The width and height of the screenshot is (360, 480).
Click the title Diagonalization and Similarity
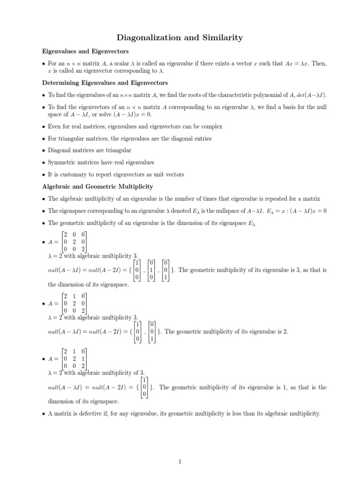[x=180, y=37]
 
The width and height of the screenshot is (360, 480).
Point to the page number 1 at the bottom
[x=180, y=462]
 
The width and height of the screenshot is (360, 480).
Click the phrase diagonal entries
[x=196, y=138]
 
